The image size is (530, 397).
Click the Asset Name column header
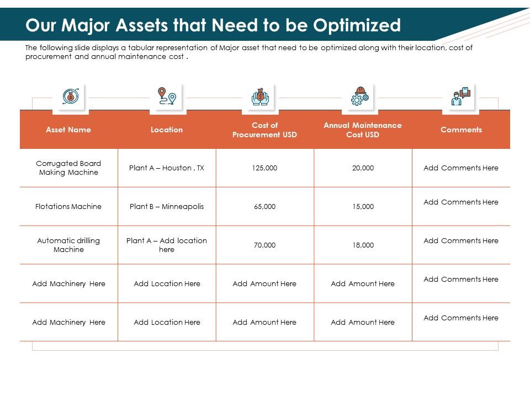point(68,130)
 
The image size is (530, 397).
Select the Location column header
point(167,130)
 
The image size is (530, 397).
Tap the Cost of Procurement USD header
point(264,130)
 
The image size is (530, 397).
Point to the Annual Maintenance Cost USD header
point(363,130)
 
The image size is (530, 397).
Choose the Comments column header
point(461,130)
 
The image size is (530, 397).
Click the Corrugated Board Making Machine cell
point(68,168)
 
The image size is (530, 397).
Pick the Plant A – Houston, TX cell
point(167,168)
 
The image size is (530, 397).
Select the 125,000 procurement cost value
point(264,168)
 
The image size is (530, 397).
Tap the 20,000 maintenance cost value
point(363,168)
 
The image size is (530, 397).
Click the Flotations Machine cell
point(68,206)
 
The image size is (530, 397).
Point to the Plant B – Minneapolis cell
point(167,206)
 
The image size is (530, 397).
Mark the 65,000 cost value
point(264,206)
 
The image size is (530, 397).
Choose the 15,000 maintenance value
point(363,206)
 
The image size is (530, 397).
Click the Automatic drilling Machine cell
point(68,245)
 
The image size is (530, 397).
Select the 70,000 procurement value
point(264,245)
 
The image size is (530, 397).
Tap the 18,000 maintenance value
point(363,245)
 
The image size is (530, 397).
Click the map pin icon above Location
point(167,96)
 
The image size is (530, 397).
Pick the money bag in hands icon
point(259,96)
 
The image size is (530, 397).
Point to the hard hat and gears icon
point(359,96)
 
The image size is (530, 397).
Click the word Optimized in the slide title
point(357,25)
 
